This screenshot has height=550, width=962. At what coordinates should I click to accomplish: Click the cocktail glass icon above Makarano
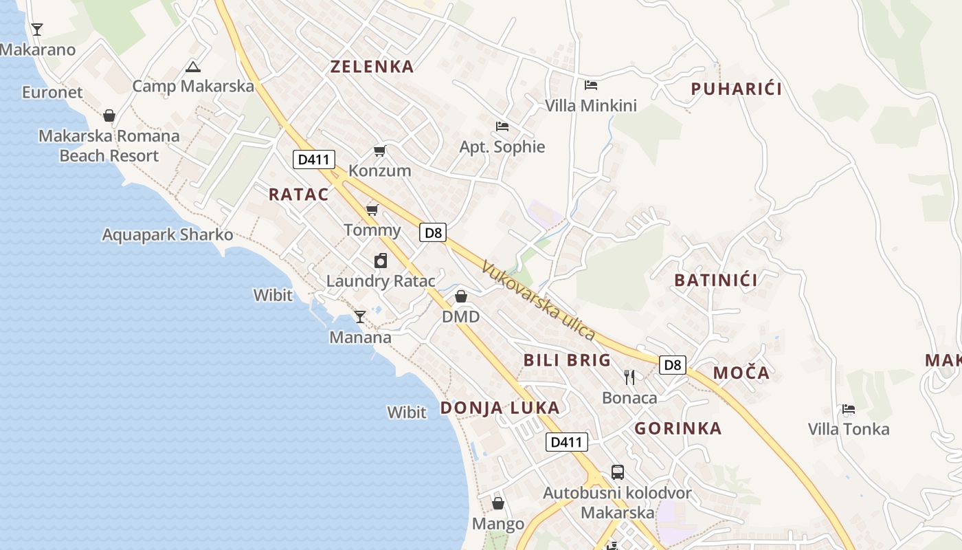pyautogui.click(x=37, y=29)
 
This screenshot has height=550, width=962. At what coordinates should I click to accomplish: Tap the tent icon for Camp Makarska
pyautogui.click(x=193, y=67)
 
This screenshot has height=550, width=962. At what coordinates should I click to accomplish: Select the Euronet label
pyautogui.click(x=52, y=92)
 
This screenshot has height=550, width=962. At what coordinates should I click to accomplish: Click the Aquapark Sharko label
pyautogui.click(x=168, y=234)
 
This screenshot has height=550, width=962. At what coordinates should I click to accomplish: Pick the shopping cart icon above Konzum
pyautogui.click(x=379, y=151)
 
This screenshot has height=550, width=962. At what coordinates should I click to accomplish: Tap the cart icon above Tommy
pyautogui.click(x=372, y=210)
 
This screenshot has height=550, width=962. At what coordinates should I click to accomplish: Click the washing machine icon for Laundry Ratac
pyautogui.click(x=381, y=261)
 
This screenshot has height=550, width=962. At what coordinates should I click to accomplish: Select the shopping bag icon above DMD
pyautogui.click(x=461, y=296)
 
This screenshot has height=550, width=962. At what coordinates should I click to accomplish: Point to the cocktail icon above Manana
pyautogui.click(x=360, y=317)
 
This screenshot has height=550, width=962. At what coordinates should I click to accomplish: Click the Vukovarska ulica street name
pyautogui.click(x=538, y=300)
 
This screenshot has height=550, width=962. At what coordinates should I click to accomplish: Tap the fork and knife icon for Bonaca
pyautogui.click(x=629, y=377)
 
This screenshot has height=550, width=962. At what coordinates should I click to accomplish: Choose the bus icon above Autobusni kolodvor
pyautogui.click(x=618, y=472)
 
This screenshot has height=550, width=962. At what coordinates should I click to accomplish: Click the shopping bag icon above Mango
pyautogui.click(x=498, y=504)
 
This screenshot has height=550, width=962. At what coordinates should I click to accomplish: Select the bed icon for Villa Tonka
pyautogui.click(x=849, y=409)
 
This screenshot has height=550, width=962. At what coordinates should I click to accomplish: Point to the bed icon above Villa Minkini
pyautogui.click(x=591, y=85)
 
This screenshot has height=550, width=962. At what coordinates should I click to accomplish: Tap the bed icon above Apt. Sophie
pyautogui.click(x=502, y=126)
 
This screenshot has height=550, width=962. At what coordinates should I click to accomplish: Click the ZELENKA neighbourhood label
pyautogui.click(x=372, y=67)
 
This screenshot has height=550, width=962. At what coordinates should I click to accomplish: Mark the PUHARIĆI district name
pyautogui.click(x=737, y=89)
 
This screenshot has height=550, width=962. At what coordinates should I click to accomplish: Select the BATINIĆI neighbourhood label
pyautogui.click(x=716, y=280)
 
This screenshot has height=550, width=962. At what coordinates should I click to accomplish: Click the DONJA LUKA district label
pyautogui.click(x=500, y=408)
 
